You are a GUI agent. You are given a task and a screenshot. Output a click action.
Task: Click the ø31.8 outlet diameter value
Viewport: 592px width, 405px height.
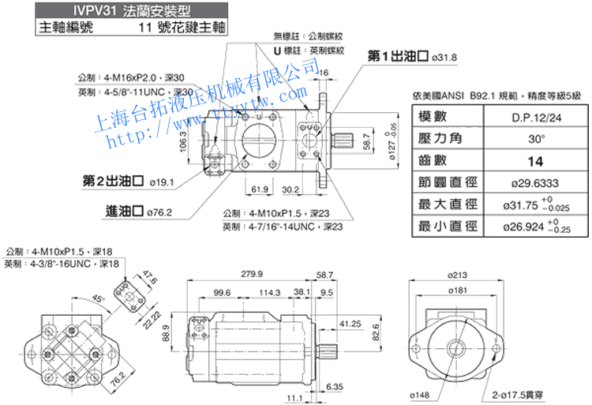pyautogui.click(x=444, y=57)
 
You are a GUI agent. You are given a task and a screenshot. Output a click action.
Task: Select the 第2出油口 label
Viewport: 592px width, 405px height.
pyautogui.click(x=113, y=181)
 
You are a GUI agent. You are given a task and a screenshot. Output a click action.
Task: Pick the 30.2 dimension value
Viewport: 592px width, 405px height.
pyautogui.click(x=290, y=189)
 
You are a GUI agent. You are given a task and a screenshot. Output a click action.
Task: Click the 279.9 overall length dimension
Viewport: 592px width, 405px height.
pyautogui.click(x=251, y=274)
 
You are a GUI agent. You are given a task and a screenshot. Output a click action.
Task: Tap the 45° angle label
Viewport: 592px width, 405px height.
pyautogui.click(x=96, y=299)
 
